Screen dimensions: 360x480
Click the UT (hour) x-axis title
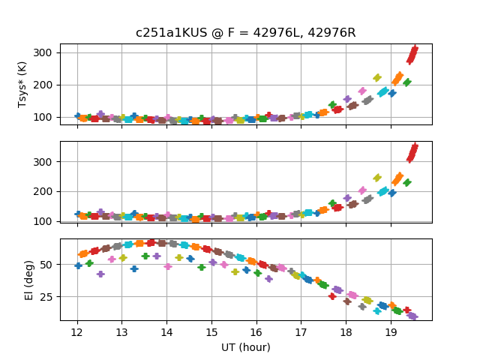[245, 347]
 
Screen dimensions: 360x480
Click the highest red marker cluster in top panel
[412, 54]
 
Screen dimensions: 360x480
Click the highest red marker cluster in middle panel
[412, 152]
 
